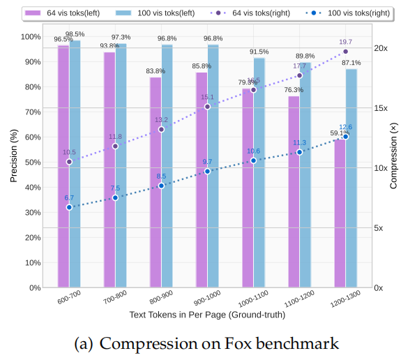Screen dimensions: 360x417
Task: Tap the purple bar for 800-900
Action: [x=156, y=182]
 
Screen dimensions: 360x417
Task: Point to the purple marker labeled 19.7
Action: [x=346, y=52]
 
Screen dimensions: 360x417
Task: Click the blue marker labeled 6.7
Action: [x=69, y=207]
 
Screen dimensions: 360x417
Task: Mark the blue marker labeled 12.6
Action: [x=346, y=137]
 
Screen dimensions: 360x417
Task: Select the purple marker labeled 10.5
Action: [x=69, y=162]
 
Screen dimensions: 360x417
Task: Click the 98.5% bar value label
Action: [x=75, y=34]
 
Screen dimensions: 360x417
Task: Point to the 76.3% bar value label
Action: [x=294, y=90]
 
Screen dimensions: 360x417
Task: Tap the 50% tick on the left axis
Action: [x=31, y=162]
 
